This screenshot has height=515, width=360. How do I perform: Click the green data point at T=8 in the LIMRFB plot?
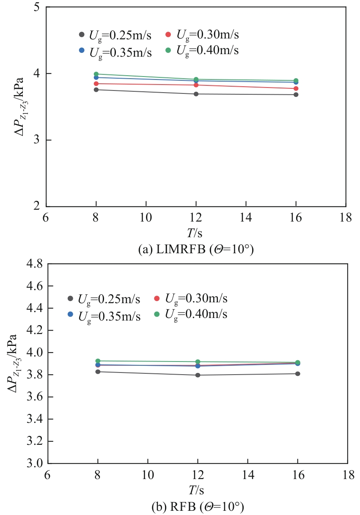click(96, 74)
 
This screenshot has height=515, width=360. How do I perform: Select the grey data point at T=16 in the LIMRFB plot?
click(296, 95)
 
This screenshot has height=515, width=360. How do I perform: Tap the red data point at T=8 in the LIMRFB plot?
click(96, 84)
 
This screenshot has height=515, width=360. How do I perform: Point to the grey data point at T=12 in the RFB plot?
click(198, 375)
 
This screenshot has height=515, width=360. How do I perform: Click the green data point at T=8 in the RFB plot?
click(98, 361)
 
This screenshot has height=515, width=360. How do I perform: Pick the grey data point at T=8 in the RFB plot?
click(98, 372)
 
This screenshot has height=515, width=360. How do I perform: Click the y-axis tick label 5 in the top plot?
click(37, 8)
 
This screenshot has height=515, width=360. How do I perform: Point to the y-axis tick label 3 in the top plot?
click(37, 140)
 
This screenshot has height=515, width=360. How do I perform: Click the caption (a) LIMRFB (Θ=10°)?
click(196, 249)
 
